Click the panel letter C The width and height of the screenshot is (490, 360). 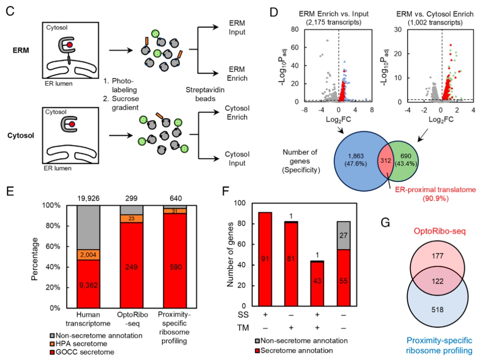point(10,11)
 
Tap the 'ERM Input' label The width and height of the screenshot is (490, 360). point(237,28)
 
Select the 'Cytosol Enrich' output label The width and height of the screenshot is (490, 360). point(237,113)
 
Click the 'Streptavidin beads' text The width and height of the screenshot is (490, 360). point(205,94)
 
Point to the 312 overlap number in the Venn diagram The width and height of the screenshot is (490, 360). point(386,161)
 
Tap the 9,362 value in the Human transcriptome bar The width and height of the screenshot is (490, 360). point(88,285)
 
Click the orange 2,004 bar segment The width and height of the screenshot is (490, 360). point(88,255)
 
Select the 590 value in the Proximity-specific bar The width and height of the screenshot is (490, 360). point(176,267)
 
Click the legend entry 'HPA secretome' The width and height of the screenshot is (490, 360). point(78,344)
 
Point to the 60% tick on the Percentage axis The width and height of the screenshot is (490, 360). point(53,246)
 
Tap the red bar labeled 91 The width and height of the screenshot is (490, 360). point(265,259)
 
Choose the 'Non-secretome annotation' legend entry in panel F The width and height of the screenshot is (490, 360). point(301,341)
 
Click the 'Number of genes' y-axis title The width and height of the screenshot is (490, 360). point(230,254)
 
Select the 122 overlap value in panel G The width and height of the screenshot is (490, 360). point(437,281)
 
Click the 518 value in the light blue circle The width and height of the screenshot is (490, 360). point(437,309)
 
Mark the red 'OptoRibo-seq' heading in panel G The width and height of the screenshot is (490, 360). point(439,231)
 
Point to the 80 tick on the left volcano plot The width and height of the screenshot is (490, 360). point(295,29)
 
